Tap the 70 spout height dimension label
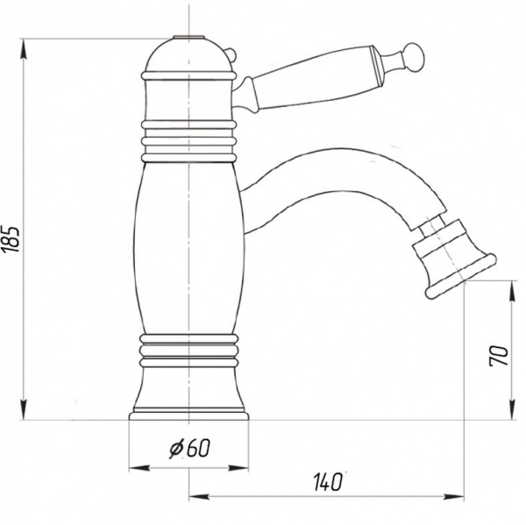[x=499, y=356]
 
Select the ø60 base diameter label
[x=189, y=448]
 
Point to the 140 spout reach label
[x=327, y=482]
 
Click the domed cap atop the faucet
[x=188, y=56]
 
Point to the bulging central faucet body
[x=189, y=248]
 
